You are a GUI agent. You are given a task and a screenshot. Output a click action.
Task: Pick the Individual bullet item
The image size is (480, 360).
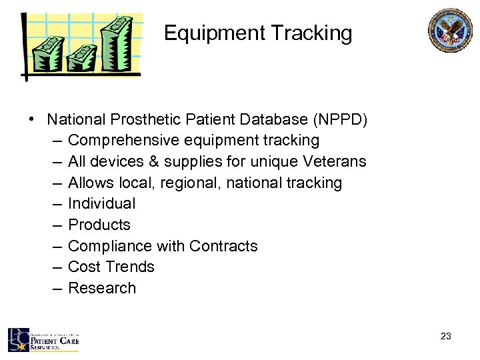[101, 204]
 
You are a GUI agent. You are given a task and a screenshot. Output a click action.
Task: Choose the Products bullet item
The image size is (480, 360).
[99, 225]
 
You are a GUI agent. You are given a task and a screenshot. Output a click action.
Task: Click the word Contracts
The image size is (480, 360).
[223, 246]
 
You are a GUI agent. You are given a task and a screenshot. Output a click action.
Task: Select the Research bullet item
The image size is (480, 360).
[102, 288]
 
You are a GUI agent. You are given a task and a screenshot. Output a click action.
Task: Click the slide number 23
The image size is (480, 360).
[446, 337]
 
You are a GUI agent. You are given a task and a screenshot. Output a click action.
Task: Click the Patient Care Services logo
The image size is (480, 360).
[43, 340]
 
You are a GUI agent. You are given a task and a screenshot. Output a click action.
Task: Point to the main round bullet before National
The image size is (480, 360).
[32, 120]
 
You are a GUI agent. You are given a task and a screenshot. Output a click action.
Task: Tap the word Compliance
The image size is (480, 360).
[110, 246]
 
